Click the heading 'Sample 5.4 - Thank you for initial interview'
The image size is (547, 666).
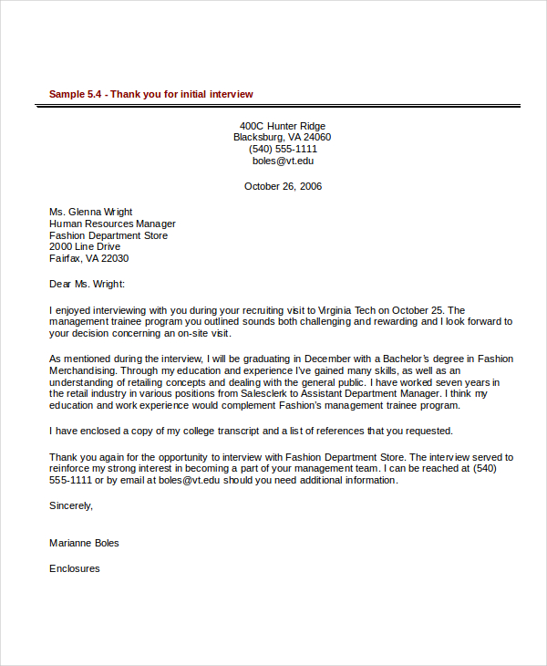(150, 94)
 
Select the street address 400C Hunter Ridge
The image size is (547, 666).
(283, 126)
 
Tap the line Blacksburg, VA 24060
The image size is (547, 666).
(283, 138)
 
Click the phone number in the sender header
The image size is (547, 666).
(283, 150)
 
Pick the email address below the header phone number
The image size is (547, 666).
(283, 161)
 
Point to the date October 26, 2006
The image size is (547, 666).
(283, 186)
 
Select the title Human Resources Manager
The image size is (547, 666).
(112, 224)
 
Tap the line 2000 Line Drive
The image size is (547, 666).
(85, 247)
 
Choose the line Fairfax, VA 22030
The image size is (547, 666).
(89, 259)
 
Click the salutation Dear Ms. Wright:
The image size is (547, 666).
(88, 284)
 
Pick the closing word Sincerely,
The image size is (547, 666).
(71, 505)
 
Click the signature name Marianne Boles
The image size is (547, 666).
(84, 543)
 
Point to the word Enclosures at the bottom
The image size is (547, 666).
(75, 568)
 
